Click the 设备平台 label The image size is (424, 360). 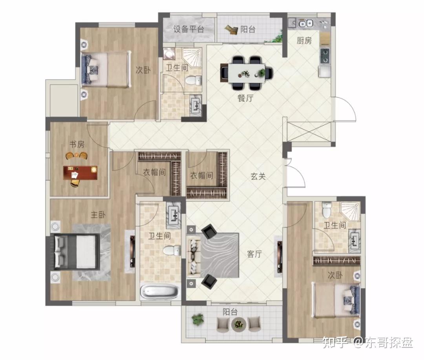pyautogui.click(x=188, y=29)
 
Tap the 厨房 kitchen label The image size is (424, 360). pyautogui.click(x=304, y=41)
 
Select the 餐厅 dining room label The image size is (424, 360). pyautogui.click(x=245, y=98)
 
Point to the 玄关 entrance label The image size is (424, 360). pyautogui.click(x=258, y=176)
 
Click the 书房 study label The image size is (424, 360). pyautogui.click(x=77, y=144)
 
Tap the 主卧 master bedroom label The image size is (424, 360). pyautogui.click(x=98, y=215)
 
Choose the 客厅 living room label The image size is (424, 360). pyautogui.click(x=254, y=254)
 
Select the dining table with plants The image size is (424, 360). pyautogui.click(x=246, y=73)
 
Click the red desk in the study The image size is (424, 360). pyautogui.click(x=80, y=173)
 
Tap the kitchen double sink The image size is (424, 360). pyautogui.click(x=305, y=24)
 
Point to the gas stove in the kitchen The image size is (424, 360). pyautogui.click(x=325, y=56)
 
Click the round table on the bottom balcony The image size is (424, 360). pyautogui.click(x=239, y=324)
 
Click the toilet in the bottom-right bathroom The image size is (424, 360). pyautogui.click(x=327, y=209)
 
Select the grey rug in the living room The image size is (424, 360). pyautogui.click(x=219, y=255)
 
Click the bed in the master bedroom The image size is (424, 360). pyautogui.click(x=76, y=252)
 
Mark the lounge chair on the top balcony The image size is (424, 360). pyautogui.click(x=231, y=29)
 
